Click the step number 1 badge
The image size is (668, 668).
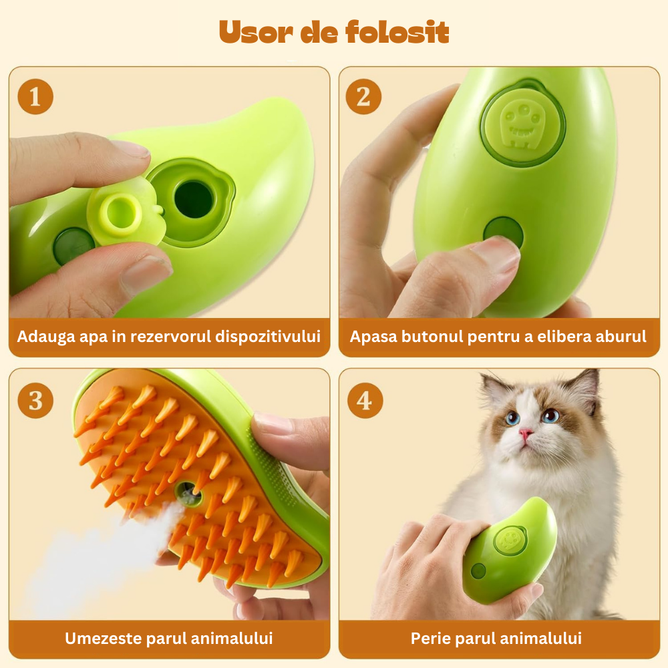[x=35, y=97]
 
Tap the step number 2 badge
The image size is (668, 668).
[x=363, y=97]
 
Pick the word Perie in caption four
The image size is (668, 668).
[x=430, y=638]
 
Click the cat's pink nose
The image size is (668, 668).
[x=526, y=435]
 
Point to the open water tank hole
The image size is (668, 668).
[x=193, y=199]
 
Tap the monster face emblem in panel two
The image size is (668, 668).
[x=522, y=123]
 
